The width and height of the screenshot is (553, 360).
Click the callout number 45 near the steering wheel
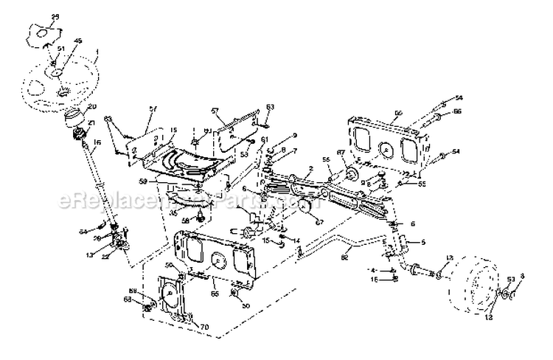click(x=79, y=41)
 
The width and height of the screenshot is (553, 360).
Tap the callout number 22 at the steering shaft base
click(x=106, y=256)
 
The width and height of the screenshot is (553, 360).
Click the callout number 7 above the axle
click(x=294, y=150)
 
